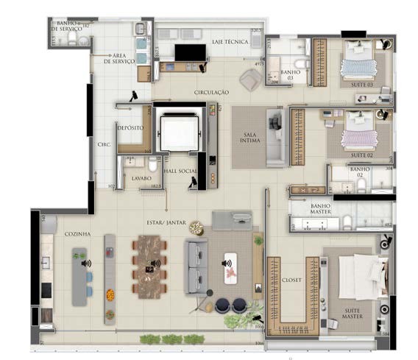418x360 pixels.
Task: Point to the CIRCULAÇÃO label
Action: [211, 92]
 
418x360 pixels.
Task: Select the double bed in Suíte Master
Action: [356, 277]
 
